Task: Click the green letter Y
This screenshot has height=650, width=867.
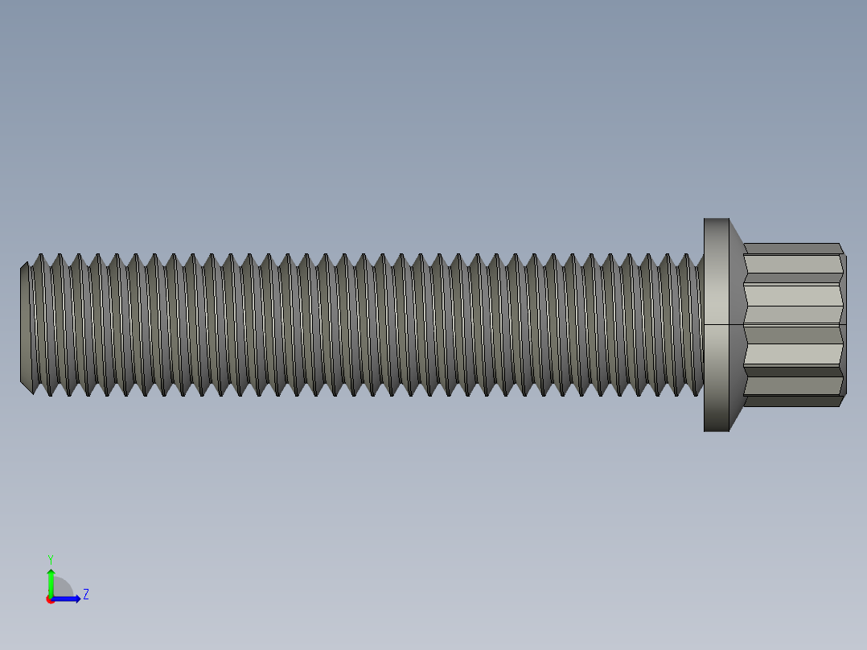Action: tap(50, 558)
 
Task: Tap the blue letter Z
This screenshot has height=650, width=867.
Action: tap(85, 594)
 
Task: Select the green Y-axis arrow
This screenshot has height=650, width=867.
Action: tap(51, 581)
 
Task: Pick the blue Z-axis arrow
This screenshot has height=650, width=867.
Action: tap(68, 599)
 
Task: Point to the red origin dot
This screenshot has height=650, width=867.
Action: tap(51, 599)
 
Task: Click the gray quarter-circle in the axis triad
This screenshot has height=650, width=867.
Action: tap(62, 589)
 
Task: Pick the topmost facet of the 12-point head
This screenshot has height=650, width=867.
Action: tap(792, 249)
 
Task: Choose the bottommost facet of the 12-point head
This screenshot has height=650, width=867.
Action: tap(792, 401)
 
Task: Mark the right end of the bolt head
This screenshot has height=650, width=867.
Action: tap(844, 324)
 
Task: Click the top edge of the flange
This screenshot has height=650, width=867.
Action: tap(716, 219)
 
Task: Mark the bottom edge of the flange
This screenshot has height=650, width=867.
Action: tap(716, 430)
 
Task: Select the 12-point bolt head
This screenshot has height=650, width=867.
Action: tap(792, 324)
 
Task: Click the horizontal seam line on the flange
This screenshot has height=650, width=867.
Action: tap(716, 324)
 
